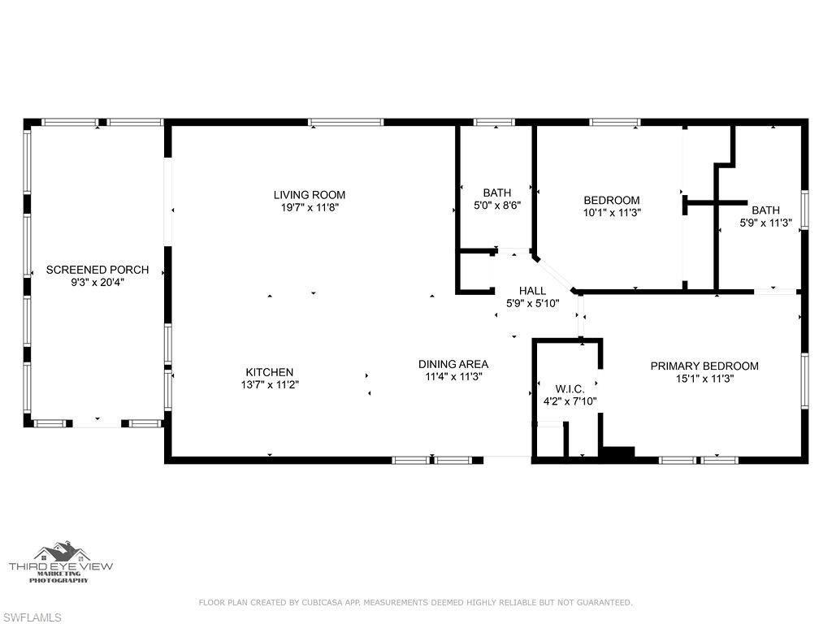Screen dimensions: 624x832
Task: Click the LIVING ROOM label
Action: pyautogui.click(x=309, y=195)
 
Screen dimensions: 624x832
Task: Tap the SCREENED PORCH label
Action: pyautogui.click(x=97, y=270)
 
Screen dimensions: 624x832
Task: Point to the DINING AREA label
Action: pyautogui.click(x=453, y=364)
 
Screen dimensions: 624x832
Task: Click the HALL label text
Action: pyautogui.click(x=532, y=291)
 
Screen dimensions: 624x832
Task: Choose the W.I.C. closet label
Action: pyautogui.click(x=570, y=389)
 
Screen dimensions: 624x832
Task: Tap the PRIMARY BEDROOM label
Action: pyautogui.click(x=704, y=366)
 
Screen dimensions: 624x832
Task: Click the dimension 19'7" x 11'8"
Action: pyautogui.click(x=309, y=207)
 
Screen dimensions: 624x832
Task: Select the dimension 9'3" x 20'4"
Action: pyautogui.click(x=97, y=282)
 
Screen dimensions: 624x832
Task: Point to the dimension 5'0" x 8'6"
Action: pyautogui.click(x=496, y=206)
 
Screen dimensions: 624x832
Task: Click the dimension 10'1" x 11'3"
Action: pyautogui.click(x=611, y=213)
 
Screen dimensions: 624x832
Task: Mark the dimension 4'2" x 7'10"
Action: pyautogui.click(x=570, y=401)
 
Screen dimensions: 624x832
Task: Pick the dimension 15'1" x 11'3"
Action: pyautogui.click(x=704, y=378)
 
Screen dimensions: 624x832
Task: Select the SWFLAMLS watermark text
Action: pyautogui.click(x=32, y=617)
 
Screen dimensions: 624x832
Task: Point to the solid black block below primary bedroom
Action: pyautogui.click(x=617, y=453)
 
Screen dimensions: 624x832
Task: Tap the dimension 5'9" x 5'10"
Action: pyautogui.click(x=532, y=303)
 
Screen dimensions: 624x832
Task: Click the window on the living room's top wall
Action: pyautogui.click(x=345, y=123)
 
